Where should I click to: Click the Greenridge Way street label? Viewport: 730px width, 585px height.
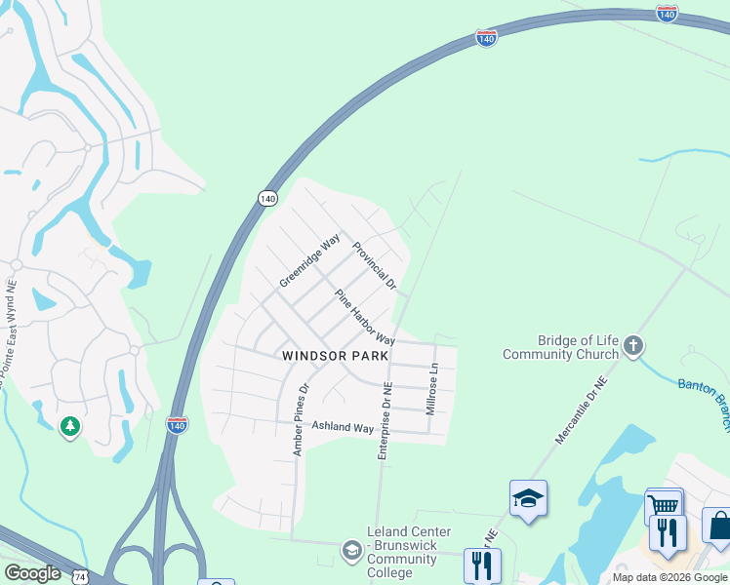(x=309, y=260)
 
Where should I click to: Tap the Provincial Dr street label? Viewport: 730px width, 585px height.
(x=375, y=266)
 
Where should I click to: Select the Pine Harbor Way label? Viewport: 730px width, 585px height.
(x=365, y=318)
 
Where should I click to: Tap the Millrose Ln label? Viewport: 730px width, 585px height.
(x=433, y=389)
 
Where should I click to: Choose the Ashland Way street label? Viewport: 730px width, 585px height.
(x=343, y=428)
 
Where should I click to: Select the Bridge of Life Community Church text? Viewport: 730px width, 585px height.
(x=561, y=347)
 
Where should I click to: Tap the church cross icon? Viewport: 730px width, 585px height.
(x=633, y=344)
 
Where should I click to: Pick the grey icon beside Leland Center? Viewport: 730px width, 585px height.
(x=350, y=552)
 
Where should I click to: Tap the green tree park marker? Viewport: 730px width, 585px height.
(x=69, y=427)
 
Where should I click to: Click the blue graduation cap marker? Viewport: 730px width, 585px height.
(x=528, y=499)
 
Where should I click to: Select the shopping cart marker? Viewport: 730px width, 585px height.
(x=664, y=505)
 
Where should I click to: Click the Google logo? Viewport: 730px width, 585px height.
(x=32, y=573)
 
